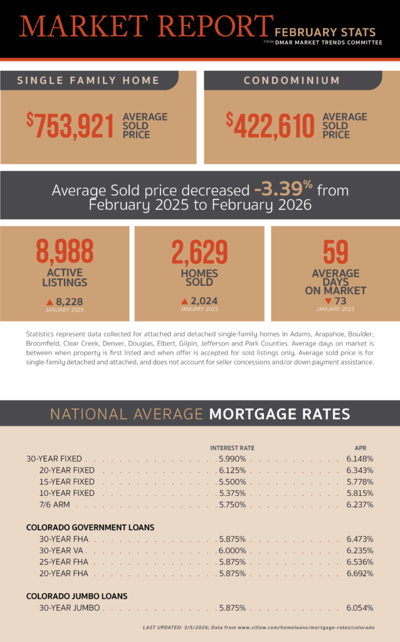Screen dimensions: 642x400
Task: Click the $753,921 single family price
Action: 70,125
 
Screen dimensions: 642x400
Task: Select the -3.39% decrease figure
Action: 283,189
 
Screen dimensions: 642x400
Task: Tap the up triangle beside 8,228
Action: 59,302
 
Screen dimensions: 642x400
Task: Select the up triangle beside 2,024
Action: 184,302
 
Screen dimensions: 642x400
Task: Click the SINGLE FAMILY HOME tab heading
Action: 88,80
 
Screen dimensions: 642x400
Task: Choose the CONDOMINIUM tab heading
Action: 292,80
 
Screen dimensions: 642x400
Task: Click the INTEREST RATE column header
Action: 232,448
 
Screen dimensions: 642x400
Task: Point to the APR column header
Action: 360,448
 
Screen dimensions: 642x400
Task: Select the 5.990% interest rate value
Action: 232,459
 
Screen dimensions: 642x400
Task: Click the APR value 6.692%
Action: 359,573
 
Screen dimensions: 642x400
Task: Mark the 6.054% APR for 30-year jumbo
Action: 359,608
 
